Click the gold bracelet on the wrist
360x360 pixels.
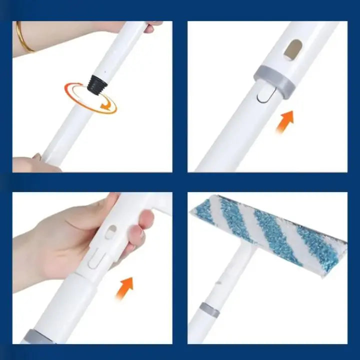pyautogui.click(x=24, y=37)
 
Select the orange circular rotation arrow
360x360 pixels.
pyautogui.click(x=90, y=97)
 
